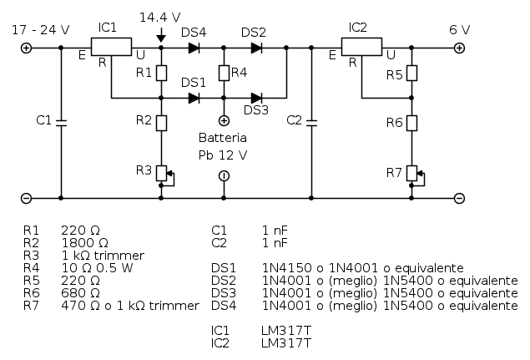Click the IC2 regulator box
pos(361,48)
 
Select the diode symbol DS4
pos(194,48)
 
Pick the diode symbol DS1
pos(194,98)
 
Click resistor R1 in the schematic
pos(161,73)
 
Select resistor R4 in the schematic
pos(224,73)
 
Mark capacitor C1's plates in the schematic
pos(61,122)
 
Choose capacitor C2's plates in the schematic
pos(310,122)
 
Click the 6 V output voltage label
pos(459,29)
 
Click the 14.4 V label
pos(159,17)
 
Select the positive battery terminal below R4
pos(224,121)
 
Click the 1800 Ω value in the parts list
pos(80,242)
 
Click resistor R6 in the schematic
pos(412,123)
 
